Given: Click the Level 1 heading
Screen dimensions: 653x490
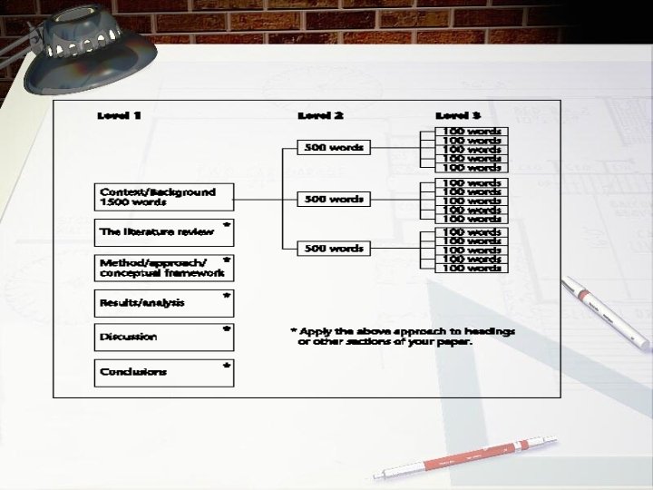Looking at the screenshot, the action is pos(119,116).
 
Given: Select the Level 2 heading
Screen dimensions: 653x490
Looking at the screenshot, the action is pos(321,116).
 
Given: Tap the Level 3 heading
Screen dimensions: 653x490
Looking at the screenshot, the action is pos(458,116).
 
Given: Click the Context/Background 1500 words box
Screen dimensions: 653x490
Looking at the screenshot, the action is pos(164,198).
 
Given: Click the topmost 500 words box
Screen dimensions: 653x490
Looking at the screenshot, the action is pos(334,148).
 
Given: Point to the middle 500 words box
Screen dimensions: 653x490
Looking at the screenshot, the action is pos(334,199).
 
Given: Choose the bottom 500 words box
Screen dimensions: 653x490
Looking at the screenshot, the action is pos(334,249).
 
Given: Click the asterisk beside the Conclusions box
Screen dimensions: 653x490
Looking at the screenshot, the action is pos(226,366).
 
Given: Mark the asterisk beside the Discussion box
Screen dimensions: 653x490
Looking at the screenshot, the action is pos(226,330).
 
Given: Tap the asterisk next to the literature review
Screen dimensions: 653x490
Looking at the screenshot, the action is pos(226,224).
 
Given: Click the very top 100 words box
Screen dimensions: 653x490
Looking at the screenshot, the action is pos(471,132).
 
